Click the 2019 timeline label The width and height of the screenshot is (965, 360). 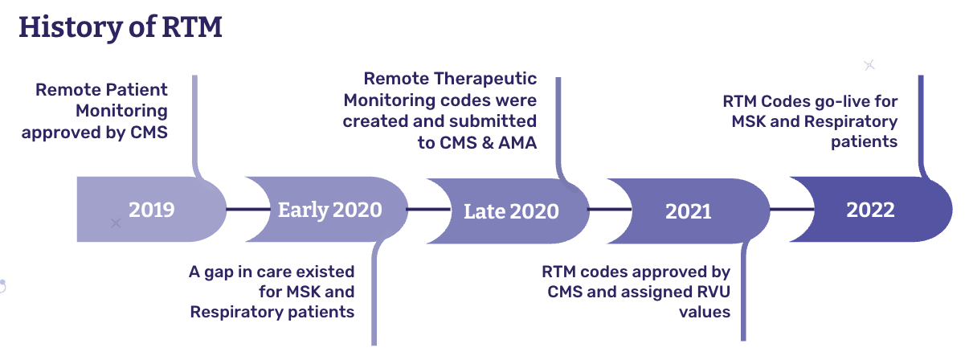coord(151,210)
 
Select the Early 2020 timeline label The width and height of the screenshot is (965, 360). coord(329,210)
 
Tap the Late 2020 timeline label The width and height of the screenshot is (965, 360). coord(511,211)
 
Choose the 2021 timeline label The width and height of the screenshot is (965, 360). coord(689,211)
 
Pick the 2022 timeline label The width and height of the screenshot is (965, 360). coord(870,210)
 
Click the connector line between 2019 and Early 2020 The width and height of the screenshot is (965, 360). coord(236,210)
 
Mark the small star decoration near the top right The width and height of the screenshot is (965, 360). coord(869,65)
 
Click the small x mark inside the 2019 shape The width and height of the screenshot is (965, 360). coord(116,222)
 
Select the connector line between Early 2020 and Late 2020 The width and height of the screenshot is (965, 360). coord(416,210)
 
